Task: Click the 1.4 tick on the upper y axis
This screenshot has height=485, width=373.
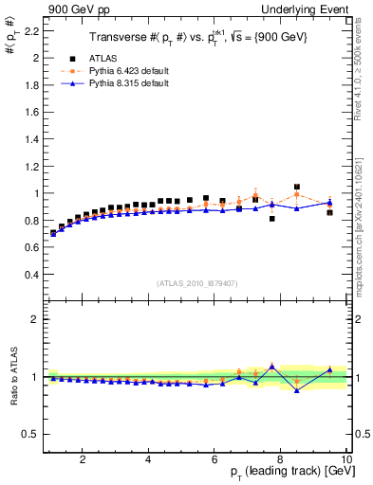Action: click(x=32, y=139)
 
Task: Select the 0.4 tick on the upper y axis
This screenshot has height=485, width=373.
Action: click(x=32, y=275)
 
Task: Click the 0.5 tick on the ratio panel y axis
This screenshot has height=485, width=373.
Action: click(x=31, y=434)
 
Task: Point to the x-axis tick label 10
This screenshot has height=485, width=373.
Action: click(x=346, y=458)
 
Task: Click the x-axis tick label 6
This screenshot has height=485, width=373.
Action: click(x=215, y=458)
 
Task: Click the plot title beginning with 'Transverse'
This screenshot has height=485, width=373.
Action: click(x=191, y=38)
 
